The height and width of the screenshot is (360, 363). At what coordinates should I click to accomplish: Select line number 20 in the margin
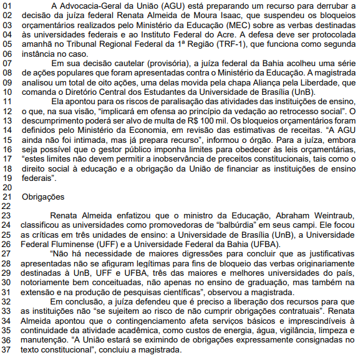(x=7, y=187)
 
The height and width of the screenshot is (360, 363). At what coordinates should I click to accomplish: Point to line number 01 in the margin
(x=7, y=7)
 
